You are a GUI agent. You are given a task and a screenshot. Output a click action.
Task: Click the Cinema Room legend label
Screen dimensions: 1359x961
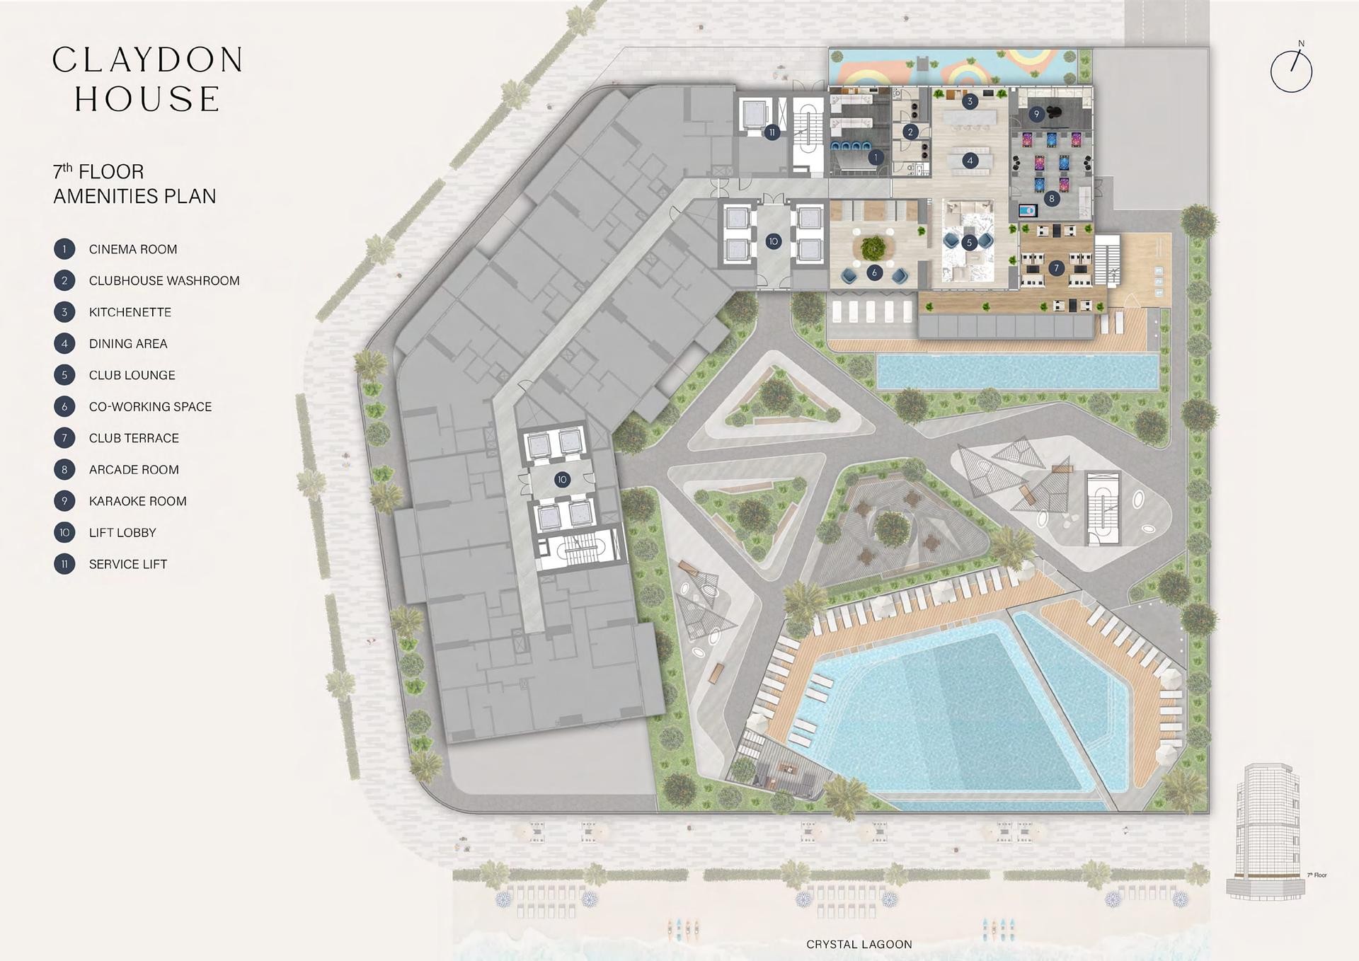[x=133, y=249]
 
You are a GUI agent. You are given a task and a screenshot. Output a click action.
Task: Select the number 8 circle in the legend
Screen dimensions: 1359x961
[x=64, y=469]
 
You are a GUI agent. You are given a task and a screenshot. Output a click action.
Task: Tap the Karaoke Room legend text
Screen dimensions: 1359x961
[x=138, y=501]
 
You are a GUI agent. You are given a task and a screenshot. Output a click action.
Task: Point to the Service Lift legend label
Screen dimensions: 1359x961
[x=128, y=564]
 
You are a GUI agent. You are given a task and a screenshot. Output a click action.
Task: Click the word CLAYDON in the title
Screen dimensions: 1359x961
[x=148, y=60]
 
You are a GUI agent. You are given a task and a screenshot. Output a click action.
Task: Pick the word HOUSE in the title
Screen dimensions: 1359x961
[x=147, y=99]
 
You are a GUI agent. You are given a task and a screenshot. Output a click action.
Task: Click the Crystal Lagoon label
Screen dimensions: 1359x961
[x=859, y=944]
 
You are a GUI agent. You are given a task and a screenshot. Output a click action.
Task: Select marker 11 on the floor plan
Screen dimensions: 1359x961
[x=772, y=132]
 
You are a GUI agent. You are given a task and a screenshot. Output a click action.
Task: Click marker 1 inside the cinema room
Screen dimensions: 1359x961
[x=876, y=157]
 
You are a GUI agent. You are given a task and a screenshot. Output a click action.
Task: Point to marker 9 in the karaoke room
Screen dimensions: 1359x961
[x=1036, y=114]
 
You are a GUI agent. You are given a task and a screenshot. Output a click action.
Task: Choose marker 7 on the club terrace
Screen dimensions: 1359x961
[x=1057, y=268]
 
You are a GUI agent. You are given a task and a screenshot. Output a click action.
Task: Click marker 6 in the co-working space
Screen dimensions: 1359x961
[x=875, y=272]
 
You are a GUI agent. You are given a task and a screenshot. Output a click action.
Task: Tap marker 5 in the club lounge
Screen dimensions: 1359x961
[x=969, y=243]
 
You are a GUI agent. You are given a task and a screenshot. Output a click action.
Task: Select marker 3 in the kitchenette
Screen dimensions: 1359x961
[x=970, y=101]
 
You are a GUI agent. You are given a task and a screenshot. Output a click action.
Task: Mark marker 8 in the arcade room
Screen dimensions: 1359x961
[x=1052, y=199]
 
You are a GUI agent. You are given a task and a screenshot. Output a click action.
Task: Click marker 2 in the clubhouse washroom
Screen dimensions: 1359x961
[x=911, y=132]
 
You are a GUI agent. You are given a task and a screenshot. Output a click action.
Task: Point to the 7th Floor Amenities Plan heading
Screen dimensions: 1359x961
[x=134, y=184]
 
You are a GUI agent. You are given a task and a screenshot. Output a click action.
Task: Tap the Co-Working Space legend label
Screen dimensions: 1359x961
[x=151, y=407]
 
